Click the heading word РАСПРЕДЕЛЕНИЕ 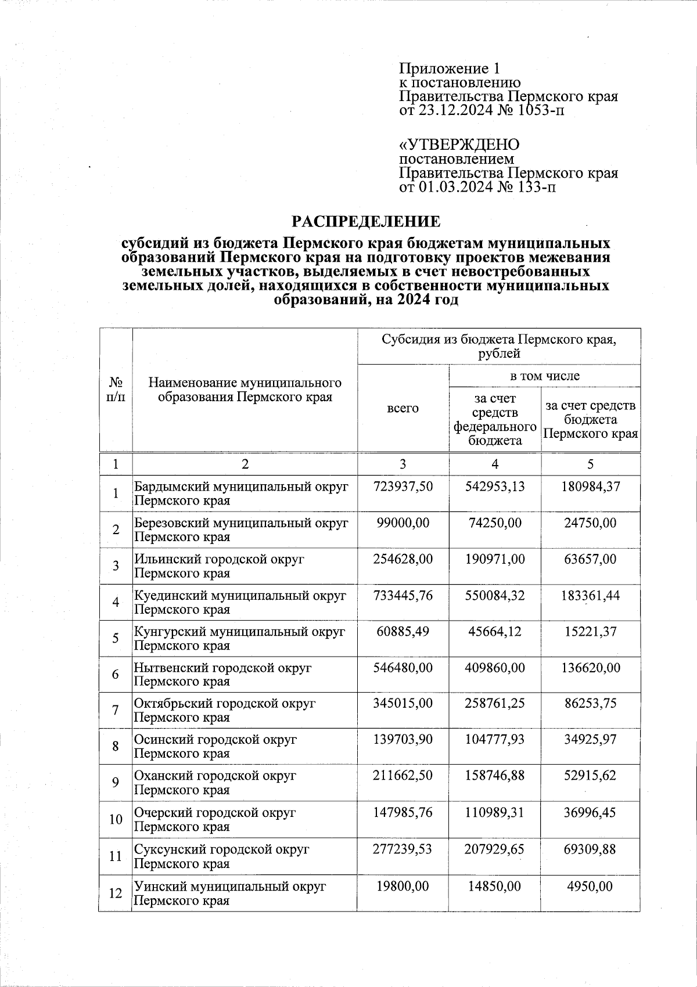coord(366,221)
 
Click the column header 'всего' coord(403,408)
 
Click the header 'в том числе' coord(544,376)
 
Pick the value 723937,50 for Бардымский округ coord(403,487)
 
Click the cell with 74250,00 coord(494,523)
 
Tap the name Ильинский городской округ coord(220,560)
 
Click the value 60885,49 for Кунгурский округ coord(403,632)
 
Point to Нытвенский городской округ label coord(223,668)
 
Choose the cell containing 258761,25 coord(494,704)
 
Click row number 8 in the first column coord(116,747)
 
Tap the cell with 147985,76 coord(403,812)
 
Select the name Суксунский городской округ coord(222,849)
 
